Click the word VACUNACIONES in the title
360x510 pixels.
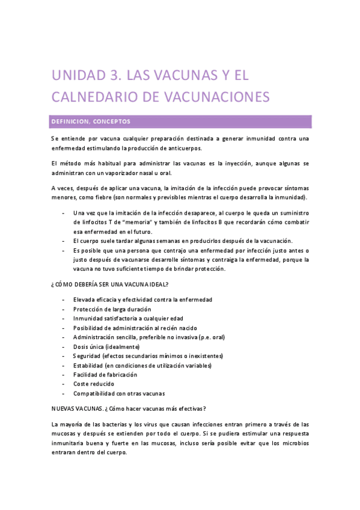[213, 97]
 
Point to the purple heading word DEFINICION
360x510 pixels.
[69, 121]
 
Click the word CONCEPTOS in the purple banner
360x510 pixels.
[111, 121]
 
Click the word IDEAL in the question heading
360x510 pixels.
[156, 284]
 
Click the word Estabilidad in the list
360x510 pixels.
[88, 365]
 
